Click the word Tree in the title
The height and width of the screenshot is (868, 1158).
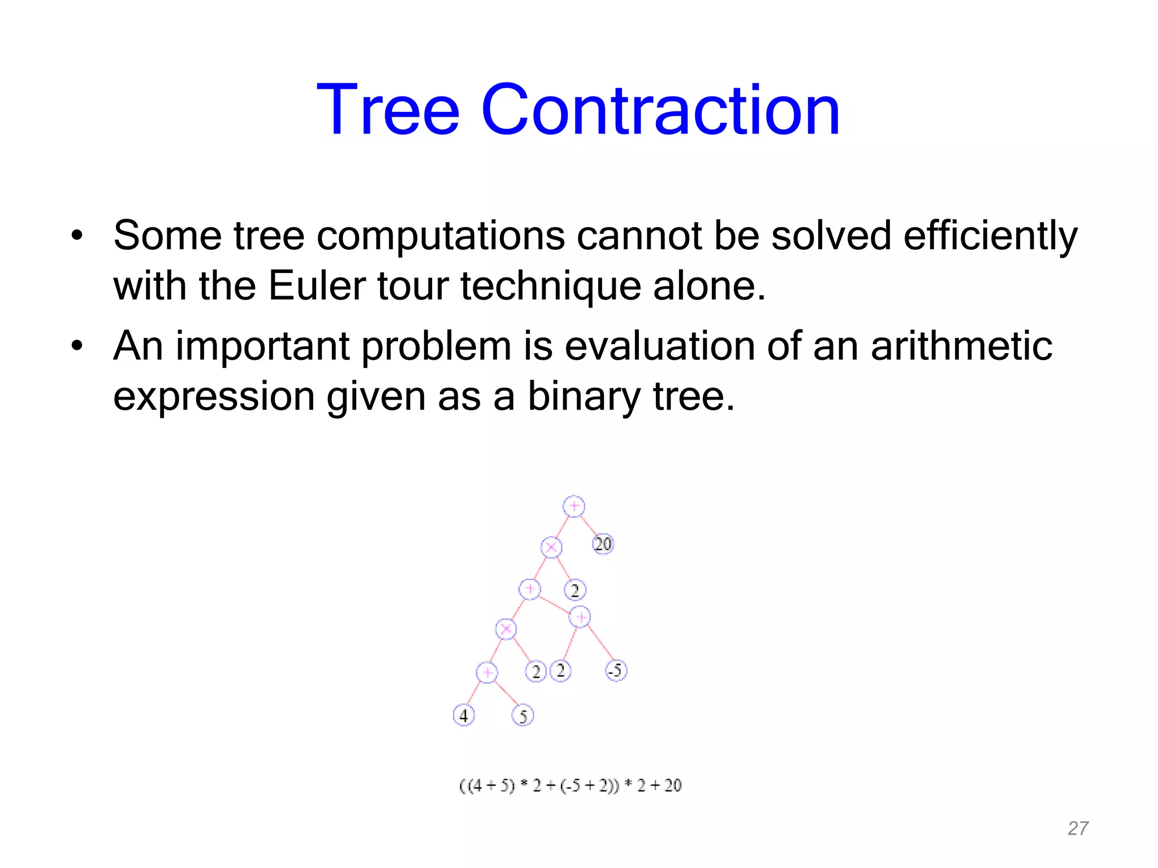[x=388, y=110]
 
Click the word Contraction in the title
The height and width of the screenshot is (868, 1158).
[x=660, y=110]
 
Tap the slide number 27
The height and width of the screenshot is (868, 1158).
[x=1078, y=828]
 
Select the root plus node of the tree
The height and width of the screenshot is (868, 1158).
[x=573, y=506]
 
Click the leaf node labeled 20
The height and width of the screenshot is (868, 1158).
[x=603, y=544]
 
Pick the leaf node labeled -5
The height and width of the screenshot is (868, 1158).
[x=616, y=671]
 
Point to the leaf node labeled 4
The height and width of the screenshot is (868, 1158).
[x=464, y=715]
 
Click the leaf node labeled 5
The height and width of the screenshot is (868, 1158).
[x=522, y=716]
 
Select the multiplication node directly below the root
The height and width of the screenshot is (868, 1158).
[x=551, y=547]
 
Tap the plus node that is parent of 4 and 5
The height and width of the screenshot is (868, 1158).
[x=487, y=672]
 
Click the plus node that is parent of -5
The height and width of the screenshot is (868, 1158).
[x=580, y=617]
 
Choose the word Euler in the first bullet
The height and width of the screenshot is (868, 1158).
[x=317, y=286]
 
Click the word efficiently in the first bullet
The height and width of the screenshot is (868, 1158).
[x=990, y=236]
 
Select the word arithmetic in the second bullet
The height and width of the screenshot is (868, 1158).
[x=961, y=346]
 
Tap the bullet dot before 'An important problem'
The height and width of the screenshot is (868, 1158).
[x=77, y=345]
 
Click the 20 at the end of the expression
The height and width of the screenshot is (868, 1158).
[x=673, y=785]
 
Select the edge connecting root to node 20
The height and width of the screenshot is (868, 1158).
[x=589, y=525]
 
